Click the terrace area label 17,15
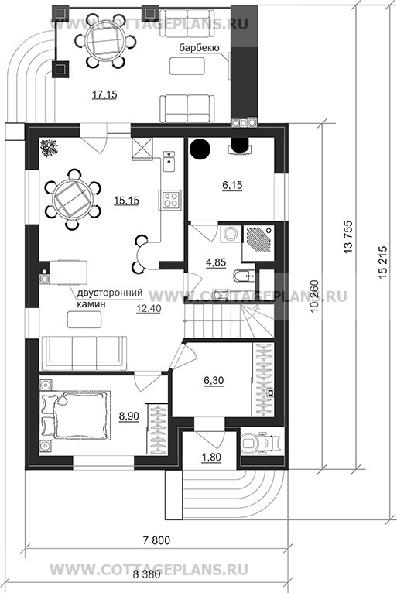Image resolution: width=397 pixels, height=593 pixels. [x=104, y=94]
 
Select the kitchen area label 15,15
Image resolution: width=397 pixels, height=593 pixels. [x=126, y=201]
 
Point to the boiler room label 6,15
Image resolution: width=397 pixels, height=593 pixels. [x=232, y=185]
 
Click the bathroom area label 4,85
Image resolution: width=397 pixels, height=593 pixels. [x=216, y=262]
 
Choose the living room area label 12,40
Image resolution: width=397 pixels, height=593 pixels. [x=149, y=309]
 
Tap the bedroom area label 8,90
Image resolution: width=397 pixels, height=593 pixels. [x=129, y=416]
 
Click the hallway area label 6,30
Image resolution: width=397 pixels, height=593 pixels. [x=214, y=380]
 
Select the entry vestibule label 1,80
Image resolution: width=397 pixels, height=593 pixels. [x=211, y=458]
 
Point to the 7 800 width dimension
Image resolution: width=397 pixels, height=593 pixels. [x=156, y=540]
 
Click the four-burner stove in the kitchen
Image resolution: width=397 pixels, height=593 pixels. [x=169, y=199]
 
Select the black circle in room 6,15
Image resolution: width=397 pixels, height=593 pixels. [x=200, y=149]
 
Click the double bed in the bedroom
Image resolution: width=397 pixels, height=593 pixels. [x=75, y=415]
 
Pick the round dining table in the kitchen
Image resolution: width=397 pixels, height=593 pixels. [x=72, y=199]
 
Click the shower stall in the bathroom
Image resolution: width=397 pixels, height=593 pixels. [x=258, y=243]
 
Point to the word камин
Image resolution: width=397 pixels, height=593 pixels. [x=91, y=303]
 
